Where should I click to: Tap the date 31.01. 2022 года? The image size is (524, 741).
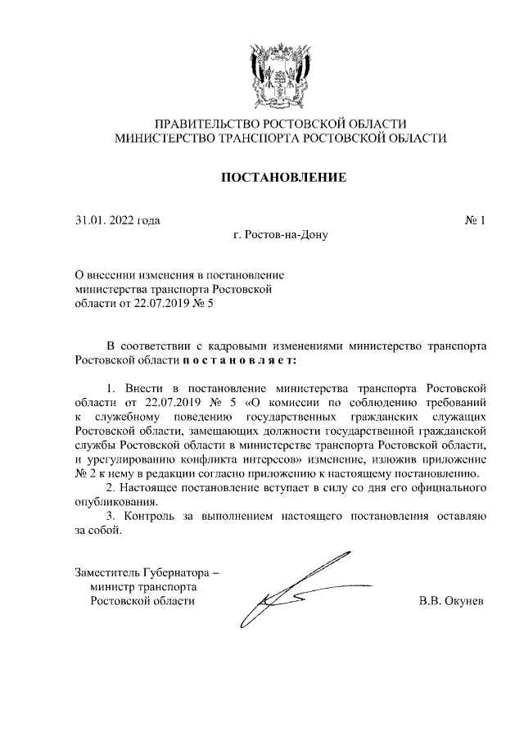click(117, 220)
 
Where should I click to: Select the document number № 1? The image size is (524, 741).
click(476, 220)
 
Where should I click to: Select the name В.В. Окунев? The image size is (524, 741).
click(451, 601)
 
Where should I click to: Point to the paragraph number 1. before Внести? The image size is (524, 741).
click(113, 386)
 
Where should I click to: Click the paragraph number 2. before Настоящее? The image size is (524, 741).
click(113, 488)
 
